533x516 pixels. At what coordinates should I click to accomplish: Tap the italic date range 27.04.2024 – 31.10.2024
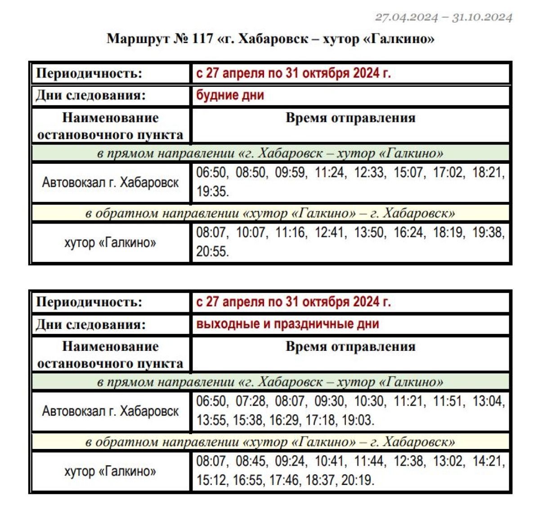(x=443, y=18)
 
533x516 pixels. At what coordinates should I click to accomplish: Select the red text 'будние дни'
(x=230, y=95)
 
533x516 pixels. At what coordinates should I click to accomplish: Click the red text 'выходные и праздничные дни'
(x=287, y=324)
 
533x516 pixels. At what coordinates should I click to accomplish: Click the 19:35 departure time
(x=212, y=192)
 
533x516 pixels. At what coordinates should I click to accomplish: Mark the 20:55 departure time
(x=212, y=251)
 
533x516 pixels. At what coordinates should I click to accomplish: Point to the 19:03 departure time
(x=357, y=420)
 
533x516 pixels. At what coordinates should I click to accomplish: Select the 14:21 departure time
(x=488, y=461)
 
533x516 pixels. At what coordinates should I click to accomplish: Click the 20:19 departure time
(x=357, y=480)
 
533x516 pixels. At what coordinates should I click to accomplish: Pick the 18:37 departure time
(x=321, y=480)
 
